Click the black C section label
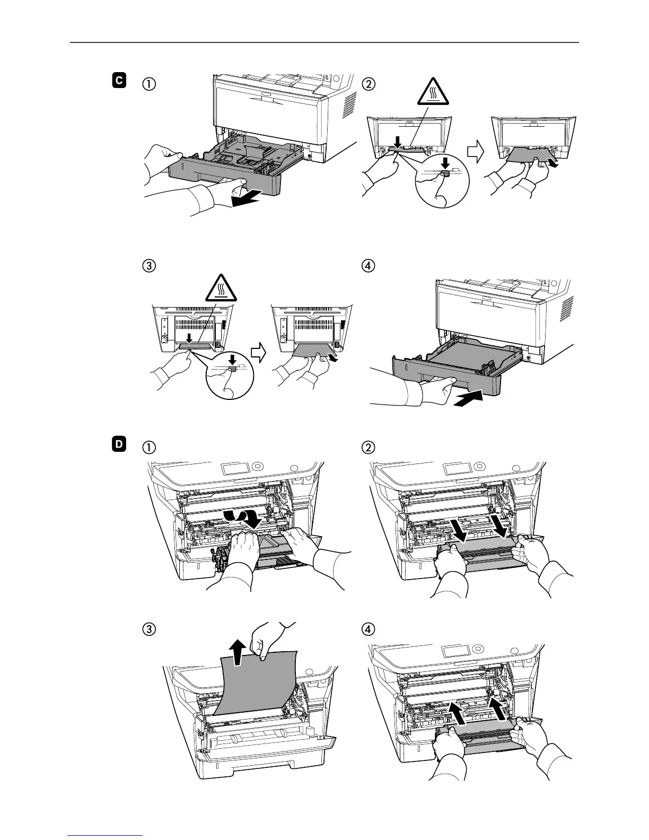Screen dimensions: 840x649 click(x=119, y=81)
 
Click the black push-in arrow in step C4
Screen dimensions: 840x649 click(x=470, y=398)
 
